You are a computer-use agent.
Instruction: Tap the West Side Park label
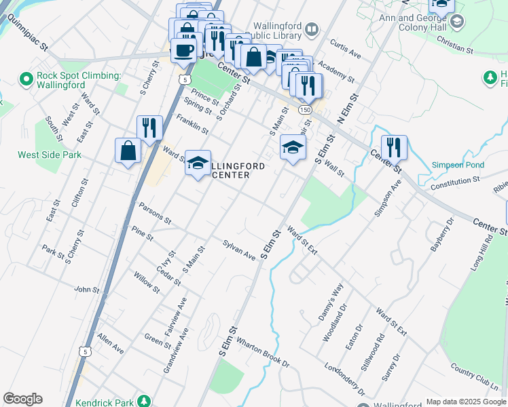(x=50, y=155)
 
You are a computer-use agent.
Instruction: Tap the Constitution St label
(x=455, y=182)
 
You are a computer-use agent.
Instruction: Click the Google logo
(x=22, y=399)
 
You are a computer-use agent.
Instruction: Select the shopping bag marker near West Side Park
(x=128, y=151)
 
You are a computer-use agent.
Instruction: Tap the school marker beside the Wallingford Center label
(x=198, y=163)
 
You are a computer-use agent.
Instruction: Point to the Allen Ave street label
(x=110, y=343)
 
